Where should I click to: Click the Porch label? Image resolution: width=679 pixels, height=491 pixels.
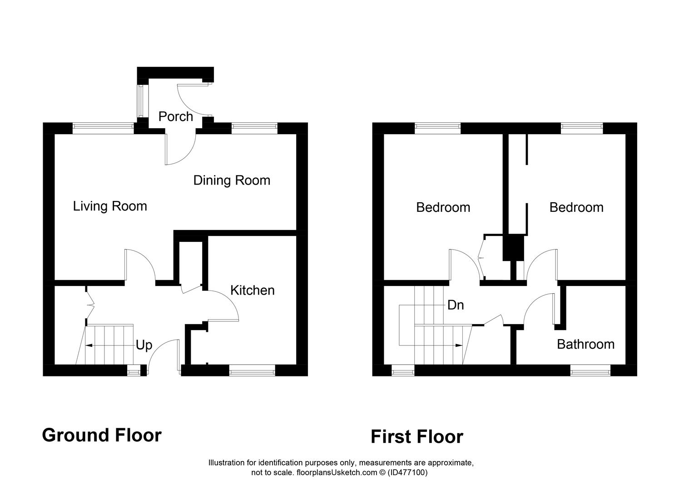[x=175, y=117]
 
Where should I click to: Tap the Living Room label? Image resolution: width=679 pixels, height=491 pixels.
[x=110, y=206]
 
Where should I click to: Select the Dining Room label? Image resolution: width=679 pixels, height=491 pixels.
[x=232, y=180]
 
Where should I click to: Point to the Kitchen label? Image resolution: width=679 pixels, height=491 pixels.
[x=253, y=291]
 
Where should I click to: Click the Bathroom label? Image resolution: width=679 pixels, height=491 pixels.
[x=586, y=345]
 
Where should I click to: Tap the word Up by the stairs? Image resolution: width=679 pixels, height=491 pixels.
[x=144, y=346]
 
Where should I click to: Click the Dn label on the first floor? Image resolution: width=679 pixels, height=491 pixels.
[x=456, y=305]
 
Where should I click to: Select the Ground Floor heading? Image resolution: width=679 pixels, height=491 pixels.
[x=102, y=435]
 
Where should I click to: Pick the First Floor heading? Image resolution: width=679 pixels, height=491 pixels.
[x=417, y=437]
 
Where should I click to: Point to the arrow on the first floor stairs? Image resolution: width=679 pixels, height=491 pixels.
[x=431, y=346]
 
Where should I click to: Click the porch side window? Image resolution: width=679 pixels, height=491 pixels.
[x=141, y=101]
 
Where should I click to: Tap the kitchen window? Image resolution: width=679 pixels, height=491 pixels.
[x=252, y=371]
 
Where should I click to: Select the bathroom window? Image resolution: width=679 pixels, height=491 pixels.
[x=590, y=371]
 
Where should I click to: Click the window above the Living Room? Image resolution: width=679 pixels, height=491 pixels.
[x=103, y=128]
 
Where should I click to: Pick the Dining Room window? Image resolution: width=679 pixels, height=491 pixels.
[x=254, y=128]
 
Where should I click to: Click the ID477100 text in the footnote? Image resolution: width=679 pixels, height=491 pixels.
[x=408, y=473]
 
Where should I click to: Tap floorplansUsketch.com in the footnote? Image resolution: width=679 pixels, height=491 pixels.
[x=337, y=473]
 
